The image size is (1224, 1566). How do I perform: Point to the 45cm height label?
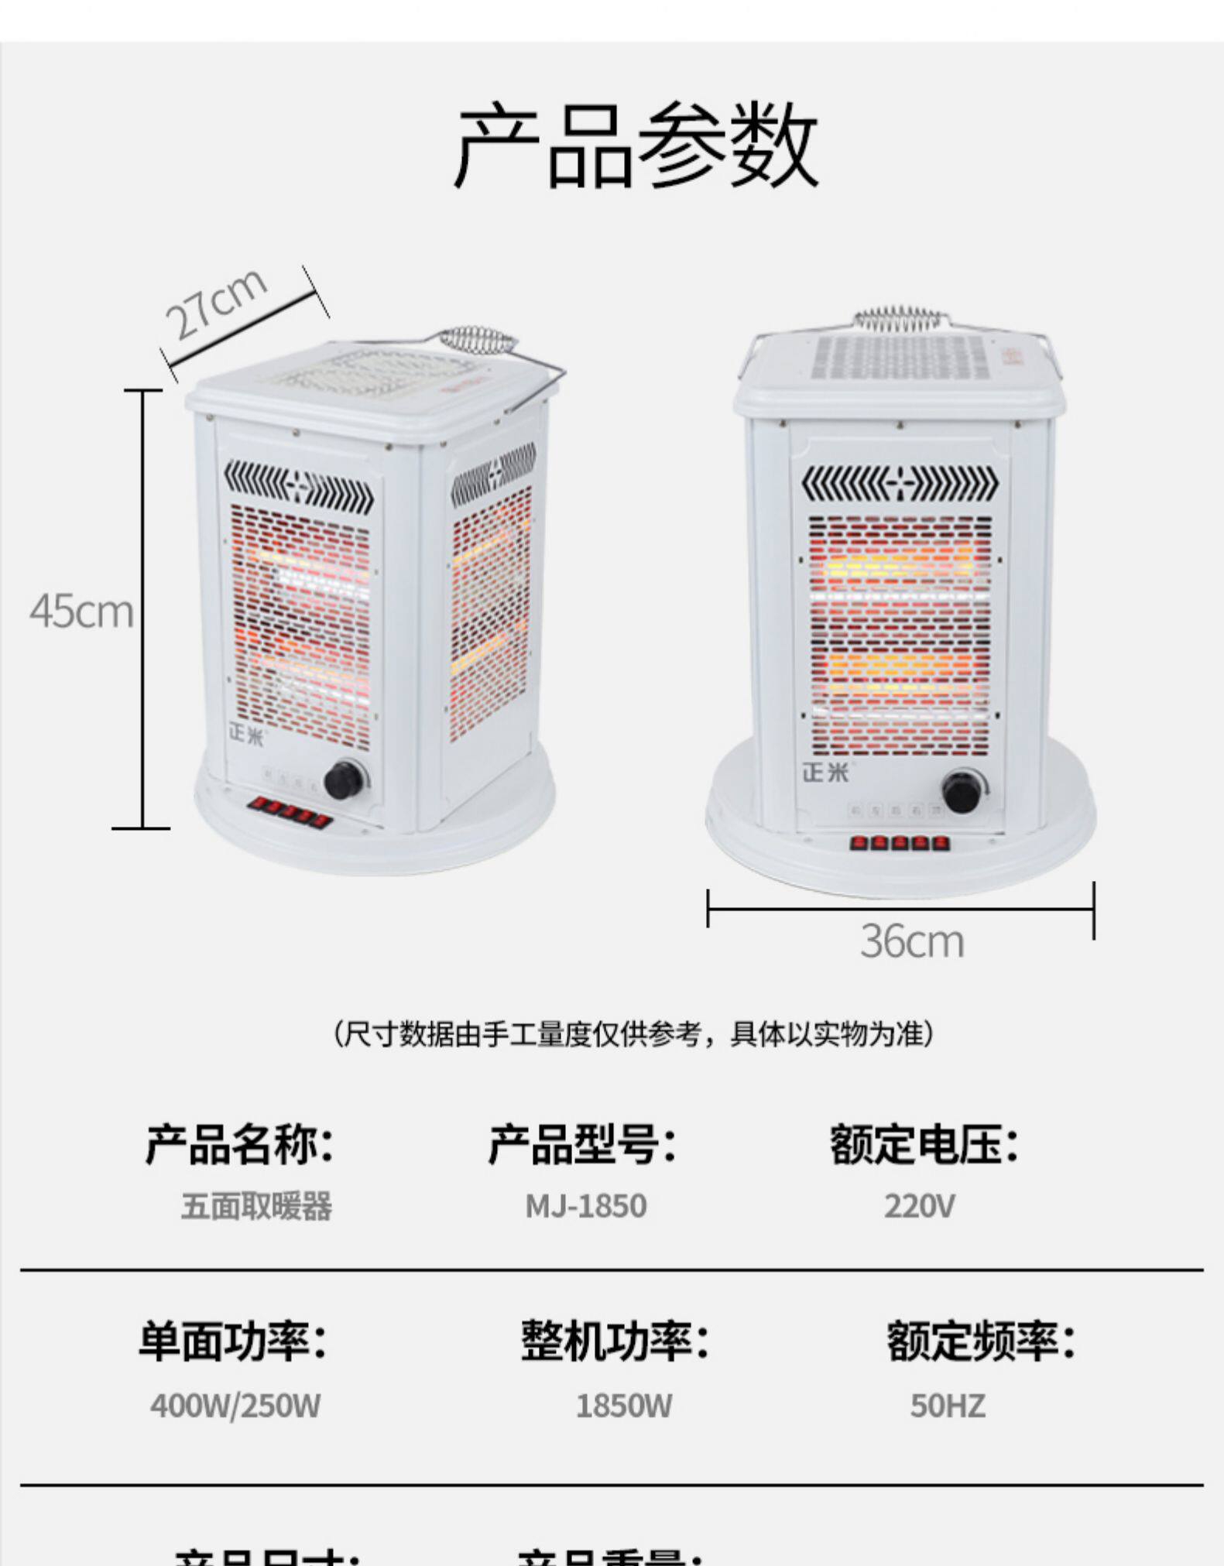[82, 612]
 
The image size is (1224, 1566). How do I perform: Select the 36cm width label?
[912, 942]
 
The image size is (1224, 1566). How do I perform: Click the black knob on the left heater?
[345, 779]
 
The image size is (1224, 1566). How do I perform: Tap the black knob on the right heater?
[963, 791]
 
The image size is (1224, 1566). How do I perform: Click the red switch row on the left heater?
[290, 812]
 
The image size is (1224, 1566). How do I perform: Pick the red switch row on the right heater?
[899, 842]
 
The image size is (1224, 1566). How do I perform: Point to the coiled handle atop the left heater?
[477, 341]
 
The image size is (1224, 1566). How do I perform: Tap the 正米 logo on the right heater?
[825, 772]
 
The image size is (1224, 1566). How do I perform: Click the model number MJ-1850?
[586, 1206]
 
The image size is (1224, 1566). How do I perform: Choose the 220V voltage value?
[920, 1206]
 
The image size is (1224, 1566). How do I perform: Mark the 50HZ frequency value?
[948, 1406]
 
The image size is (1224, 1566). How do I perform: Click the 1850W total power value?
[624, 1406]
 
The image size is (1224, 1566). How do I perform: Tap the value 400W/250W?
[235, 1406]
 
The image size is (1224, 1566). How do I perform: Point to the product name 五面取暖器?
[256, 1206]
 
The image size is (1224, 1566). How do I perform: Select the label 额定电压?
[924, 1144]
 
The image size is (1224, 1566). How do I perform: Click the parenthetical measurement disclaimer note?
[633, 1033]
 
